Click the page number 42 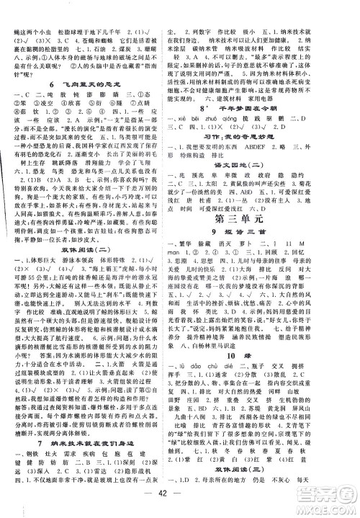(x=179, y=506)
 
